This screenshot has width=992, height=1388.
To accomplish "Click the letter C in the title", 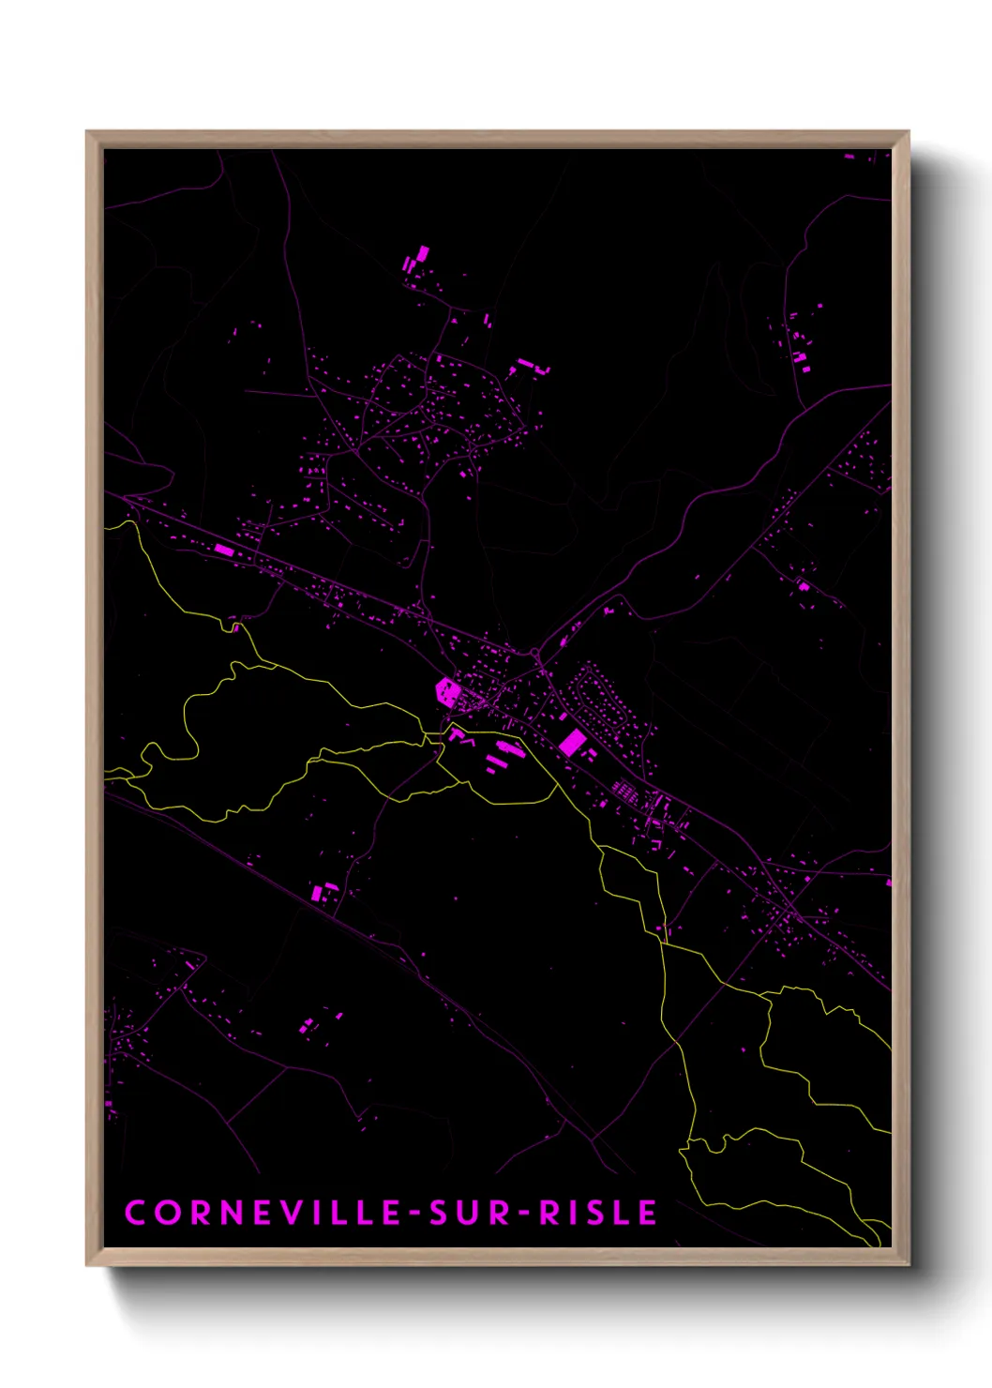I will point(135,1212).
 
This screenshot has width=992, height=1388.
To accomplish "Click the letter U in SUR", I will point(469,1212).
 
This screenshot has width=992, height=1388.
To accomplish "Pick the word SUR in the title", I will point(469,1212).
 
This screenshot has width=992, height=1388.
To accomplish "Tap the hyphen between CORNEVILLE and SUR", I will point(413,1213).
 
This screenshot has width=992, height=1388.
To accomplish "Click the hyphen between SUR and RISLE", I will point(523,1213).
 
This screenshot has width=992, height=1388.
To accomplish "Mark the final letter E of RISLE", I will point(647,1212).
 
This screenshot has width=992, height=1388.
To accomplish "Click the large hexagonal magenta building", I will point(448,692).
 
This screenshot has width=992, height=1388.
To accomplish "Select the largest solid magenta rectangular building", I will point(572,744).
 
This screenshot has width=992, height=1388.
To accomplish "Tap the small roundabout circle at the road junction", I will point(534,651).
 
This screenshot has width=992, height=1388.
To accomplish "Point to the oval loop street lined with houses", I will point(600,699).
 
